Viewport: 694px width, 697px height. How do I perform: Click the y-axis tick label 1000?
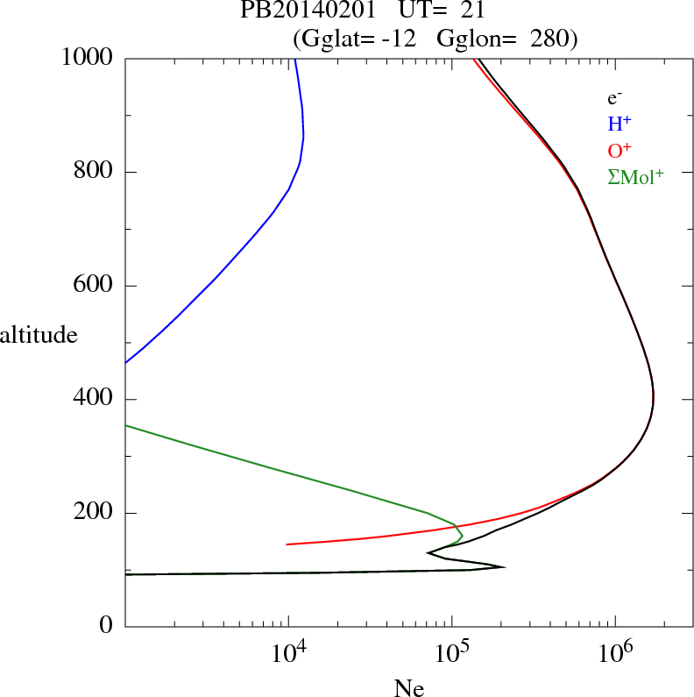[88, 58]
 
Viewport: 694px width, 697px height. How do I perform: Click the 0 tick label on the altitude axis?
[106, 627]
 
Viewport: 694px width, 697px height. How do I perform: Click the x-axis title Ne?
[409, 688]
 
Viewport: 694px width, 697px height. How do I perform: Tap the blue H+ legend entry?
[620, 124]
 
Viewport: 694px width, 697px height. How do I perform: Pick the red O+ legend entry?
[620, 150]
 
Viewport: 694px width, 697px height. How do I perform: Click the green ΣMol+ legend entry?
[635, 176]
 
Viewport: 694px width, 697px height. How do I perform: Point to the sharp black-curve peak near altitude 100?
[503, 566]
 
